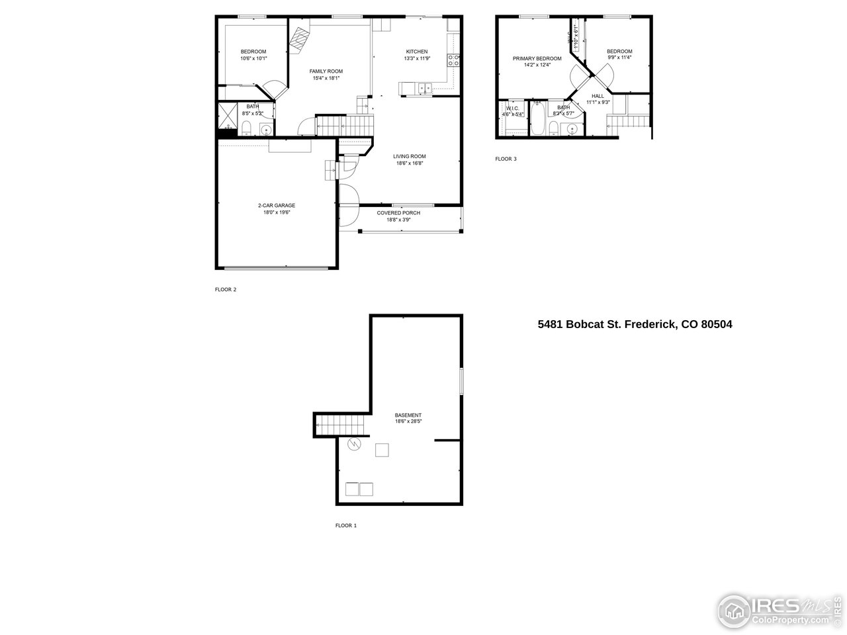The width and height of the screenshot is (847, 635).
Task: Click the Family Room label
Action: coord(326,71)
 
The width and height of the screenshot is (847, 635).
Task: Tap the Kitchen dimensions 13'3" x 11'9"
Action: coord(417,59)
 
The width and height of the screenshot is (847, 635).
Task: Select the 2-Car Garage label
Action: coord(277,206)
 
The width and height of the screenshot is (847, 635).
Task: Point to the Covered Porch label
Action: coord(398,213)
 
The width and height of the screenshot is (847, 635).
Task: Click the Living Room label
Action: coord(409,157)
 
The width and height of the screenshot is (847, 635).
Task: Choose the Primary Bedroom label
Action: coord(537,59)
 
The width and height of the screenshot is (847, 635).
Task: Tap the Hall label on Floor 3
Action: coord(598,96)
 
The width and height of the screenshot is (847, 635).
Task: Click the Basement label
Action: coord(408,415)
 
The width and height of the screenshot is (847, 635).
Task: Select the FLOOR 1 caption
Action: coord(346,526)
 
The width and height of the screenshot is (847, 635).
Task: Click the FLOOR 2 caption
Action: coord(226,289)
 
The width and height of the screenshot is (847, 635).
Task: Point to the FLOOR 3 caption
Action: coord(506,159)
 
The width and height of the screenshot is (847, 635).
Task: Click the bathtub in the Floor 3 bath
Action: coord(537,120)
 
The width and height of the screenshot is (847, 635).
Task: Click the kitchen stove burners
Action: coord(455,61)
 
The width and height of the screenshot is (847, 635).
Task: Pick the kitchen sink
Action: coord(424,87)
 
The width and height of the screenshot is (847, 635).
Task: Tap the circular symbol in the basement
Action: coord(355,443)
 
